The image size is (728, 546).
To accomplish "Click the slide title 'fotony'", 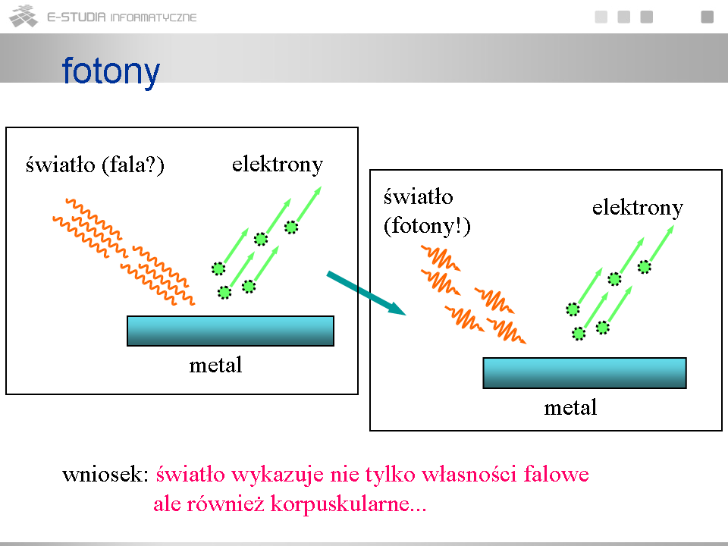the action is tap(111, 71).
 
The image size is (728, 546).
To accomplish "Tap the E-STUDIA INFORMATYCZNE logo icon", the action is tap(24, 16).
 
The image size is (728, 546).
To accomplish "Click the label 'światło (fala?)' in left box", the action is tap(96, 165).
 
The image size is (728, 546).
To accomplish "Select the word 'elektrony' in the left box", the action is tap(278, 165).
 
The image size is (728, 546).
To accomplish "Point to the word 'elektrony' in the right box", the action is tap(638, 208).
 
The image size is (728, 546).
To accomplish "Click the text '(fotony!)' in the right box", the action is tap(427, 226).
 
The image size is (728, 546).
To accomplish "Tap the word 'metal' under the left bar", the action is tap(215, 365).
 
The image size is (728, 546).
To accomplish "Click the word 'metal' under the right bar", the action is tap(570, 408).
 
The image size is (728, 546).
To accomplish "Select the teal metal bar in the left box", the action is tap(231, 331).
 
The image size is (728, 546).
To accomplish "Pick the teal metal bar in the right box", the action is tap(585, 373).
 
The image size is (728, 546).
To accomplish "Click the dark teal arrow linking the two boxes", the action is tap(366, 293).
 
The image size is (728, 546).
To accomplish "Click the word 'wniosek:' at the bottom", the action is tap(105, 475).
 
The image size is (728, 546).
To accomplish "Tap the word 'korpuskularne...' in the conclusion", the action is tap(348, 504).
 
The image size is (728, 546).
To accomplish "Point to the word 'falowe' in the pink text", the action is tap(556, 475).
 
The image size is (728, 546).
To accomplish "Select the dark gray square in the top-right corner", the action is tap(707, 17).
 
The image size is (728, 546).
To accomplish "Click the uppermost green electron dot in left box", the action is tap(291, 227).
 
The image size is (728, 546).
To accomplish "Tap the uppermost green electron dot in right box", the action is tap(645, 267).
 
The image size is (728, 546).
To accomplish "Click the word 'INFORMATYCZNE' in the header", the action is tap(154, 17).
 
